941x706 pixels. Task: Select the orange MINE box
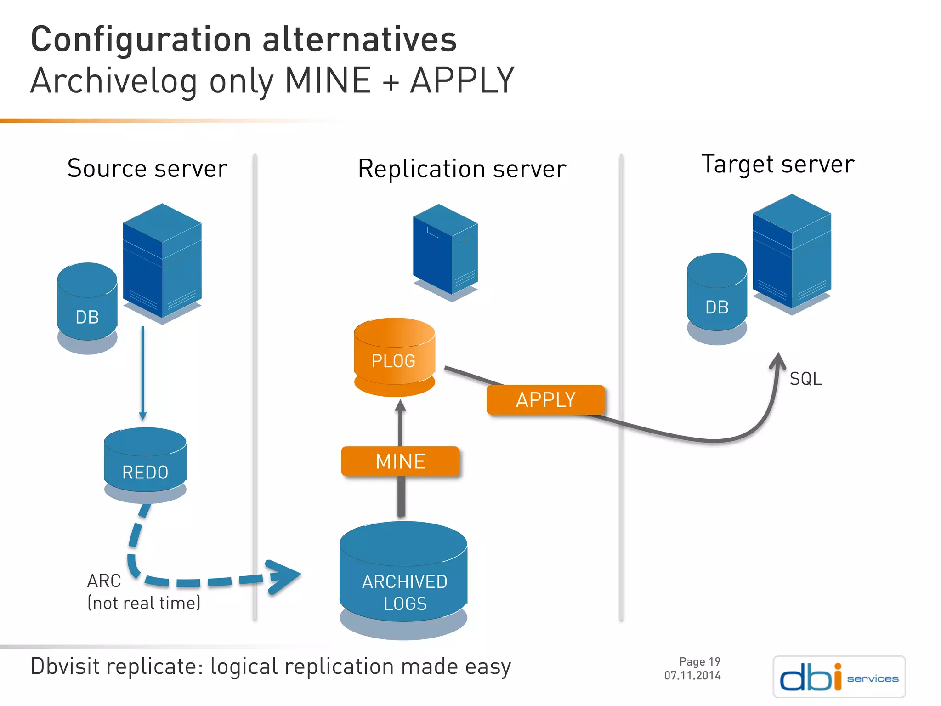[x=400, y=461]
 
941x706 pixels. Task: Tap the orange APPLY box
[x=545, y=399]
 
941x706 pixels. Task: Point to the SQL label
[x=805, y=379]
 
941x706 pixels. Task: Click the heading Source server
[x=147, y=168]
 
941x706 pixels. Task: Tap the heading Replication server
[x=462, y=169]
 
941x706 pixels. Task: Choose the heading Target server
[x=777, y=164]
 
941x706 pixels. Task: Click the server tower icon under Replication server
[x=445, y=251]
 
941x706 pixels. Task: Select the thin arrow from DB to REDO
[x=143, y=372]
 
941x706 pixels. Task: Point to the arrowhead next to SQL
[x=778, y=361]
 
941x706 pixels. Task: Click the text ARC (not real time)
[x=143, y=592]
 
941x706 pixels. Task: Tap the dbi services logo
[x=839, y=677]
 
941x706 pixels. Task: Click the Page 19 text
[x=699, y=661]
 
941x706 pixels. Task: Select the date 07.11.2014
[x=692, y=676]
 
